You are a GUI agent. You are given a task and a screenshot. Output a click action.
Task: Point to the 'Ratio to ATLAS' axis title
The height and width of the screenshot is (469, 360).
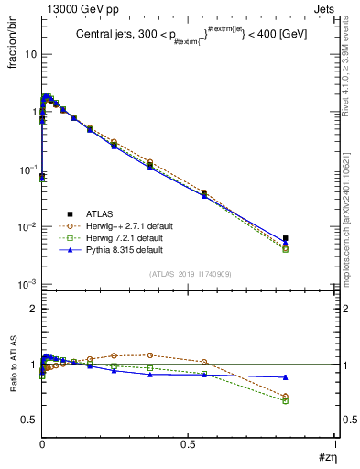pos(11,365)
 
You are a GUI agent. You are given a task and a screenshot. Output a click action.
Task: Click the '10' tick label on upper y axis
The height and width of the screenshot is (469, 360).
pos(30,54)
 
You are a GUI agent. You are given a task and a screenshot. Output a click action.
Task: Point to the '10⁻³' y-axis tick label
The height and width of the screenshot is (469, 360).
pos(27,284)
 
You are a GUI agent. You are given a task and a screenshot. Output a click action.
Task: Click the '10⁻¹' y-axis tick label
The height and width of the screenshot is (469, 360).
pos(27,169)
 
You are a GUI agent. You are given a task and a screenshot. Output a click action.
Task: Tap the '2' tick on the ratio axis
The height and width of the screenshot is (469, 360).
pos(33,309)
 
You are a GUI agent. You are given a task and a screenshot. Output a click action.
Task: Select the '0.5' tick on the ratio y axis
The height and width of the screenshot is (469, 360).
pos(28,420)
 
